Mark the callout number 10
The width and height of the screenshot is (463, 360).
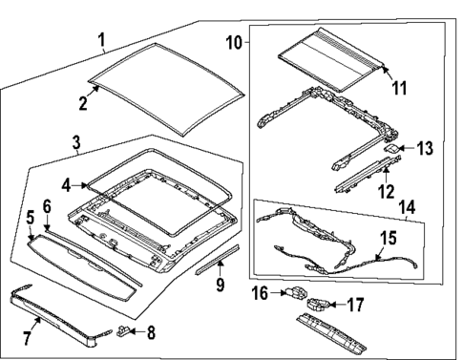(235, 44)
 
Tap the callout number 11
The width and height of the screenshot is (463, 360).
(398, 88)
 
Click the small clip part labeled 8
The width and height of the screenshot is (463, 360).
(124, 333)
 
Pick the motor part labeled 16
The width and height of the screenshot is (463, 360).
(298, 294)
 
